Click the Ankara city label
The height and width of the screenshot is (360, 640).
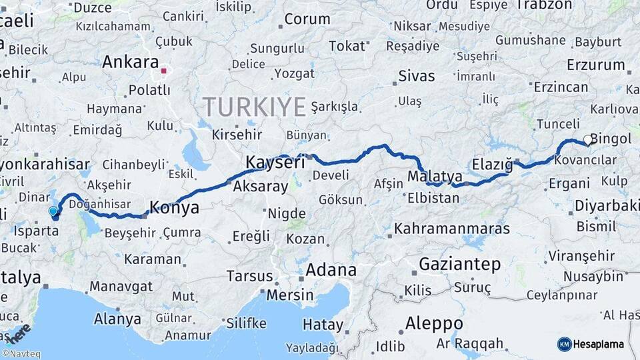pos(130,62)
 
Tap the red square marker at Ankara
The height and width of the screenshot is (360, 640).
pos(164,70)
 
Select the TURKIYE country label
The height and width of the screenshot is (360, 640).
pos(254,106)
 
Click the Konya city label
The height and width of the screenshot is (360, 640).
pos(174,207)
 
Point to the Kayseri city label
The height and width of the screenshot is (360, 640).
pos(275,161)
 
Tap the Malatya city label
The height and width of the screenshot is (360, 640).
pos(435,177)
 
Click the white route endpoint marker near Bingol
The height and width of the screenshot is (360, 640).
pos(587,140)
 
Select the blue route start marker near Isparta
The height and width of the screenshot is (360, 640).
pos(53,211)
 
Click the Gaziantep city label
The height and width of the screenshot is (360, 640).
pos(459,264)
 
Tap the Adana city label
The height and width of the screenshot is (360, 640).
pos(331,270)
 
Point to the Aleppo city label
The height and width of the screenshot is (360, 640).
pos(434,323)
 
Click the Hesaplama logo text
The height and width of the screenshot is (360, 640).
pos(601,344)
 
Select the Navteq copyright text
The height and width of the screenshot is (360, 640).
pos(21,354)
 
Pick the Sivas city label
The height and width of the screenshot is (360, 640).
pos(416,75)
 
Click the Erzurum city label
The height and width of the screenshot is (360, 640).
pos(595,65)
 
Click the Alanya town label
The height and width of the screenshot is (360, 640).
pos(117,319)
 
